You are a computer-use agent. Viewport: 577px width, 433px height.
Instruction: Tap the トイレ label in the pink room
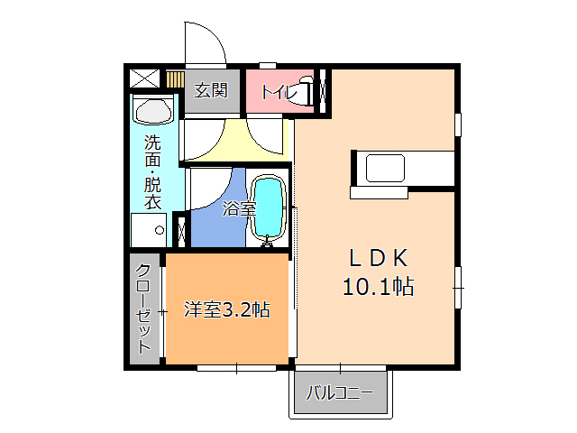[x=276, y=91]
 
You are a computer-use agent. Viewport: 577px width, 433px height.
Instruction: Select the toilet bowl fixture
[x=307, y=91]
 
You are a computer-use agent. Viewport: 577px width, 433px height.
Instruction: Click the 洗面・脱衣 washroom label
[x=152, y=171]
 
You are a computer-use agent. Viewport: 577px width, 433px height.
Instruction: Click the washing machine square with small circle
[x=148, y=229]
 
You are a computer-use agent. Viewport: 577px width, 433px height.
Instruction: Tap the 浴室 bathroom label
[x=239, y=208]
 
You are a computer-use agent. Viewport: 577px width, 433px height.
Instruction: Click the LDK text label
[x=380, y=258]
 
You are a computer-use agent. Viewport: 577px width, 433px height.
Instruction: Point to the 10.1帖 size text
[x=378, y=288]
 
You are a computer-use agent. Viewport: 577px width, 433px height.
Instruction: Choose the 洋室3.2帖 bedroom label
[x=226, y=309]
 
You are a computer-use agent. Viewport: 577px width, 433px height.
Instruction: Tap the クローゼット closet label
[x=144, y=311]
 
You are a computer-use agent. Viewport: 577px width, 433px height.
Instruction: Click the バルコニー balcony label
[x=339, y=392]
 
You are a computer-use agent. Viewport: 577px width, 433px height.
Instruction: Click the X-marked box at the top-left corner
[x=144, y=78]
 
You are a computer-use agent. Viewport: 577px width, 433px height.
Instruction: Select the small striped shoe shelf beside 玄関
[x=175, y=79]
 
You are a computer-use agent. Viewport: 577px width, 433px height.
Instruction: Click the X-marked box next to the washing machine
[x=179, y=229]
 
